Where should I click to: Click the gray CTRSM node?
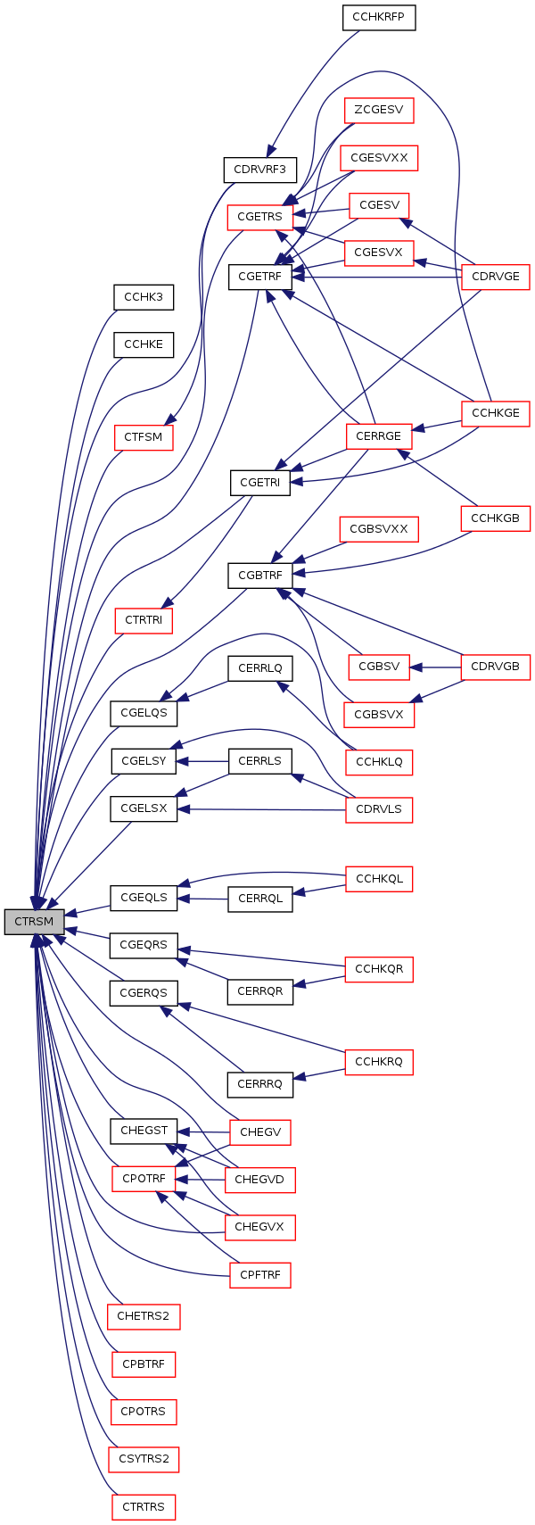tap(34, 922)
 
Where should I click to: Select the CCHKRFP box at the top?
tap(379, 17)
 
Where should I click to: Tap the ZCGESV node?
tap(379, 111)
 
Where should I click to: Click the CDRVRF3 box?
tap(259, 168)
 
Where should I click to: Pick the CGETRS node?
tap(259, 217)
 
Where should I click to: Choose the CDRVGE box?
tap(495, 277)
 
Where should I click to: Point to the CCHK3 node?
tap(144, 297)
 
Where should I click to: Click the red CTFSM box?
tap(144, 437)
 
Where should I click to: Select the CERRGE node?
tap(379, 436)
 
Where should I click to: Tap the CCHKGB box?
tap(495, 518)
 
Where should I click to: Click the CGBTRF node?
tap(259, 576)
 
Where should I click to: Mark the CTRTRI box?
tap(144, 620)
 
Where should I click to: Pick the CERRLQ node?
tap(259, 668)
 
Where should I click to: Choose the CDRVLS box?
tap(379, 810)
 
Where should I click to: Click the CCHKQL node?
tap(379, 879)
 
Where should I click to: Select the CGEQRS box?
tap(144, 945)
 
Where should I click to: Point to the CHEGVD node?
tap(259, 1180)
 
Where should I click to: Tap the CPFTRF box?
tap(259, 1275)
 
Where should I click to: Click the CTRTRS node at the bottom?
tap(144, 1507)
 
